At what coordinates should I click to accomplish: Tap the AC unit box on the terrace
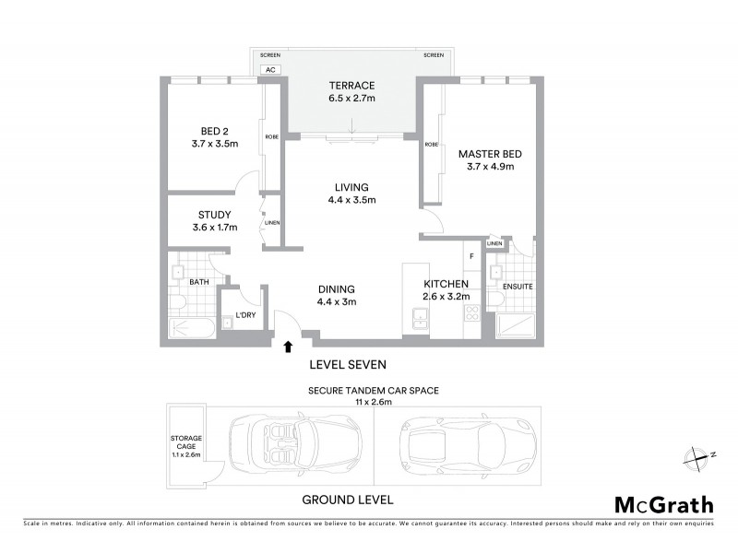(270, 69)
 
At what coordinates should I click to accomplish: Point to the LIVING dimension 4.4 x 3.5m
(351, 200)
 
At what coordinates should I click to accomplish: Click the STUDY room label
(214, 215)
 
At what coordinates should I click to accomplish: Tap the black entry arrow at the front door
(288, 347)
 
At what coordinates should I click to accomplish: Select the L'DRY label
(244, 315)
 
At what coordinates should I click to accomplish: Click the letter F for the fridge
(471, 255)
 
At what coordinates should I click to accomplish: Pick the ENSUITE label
(518, 287)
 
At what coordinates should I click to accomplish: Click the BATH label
(199, 282)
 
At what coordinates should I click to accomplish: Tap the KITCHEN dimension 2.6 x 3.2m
(446, 297)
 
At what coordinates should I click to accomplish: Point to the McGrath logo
(663, 504)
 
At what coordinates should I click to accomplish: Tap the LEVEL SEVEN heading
(348, 364)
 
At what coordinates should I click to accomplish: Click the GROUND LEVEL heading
(348, 500)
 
